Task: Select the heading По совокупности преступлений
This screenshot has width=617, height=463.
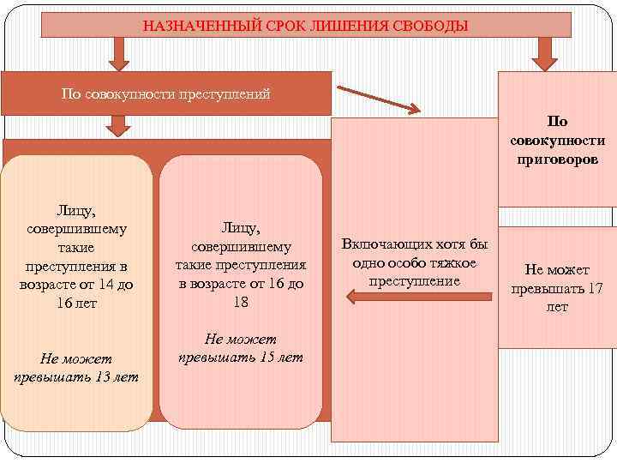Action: point(166,93)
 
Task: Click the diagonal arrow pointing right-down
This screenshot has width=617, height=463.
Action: point(378,98)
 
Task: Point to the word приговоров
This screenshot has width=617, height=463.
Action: point(558,159)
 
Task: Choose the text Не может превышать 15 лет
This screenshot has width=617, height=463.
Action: point(240,347)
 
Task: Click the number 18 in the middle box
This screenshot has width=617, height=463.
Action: point(240,302)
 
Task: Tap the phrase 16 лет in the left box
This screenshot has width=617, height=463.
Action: point(75,303)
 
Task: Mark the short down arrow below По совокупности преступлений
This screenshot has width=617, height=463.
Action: point(120,127)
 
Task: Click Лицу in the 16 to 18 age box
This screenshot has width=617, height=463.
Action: point(240,226)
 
